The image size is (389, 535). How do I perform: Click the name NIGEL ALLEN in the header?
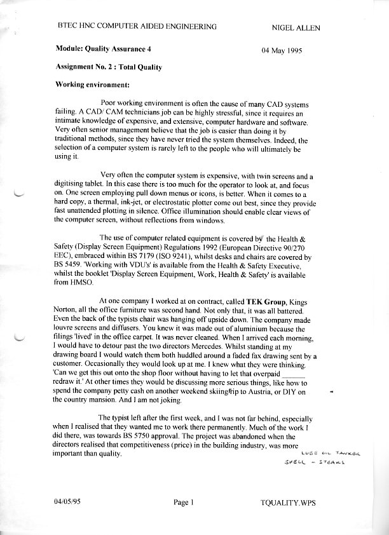(296, 27)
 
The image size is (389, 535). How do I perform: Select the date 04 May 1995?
(282, 50)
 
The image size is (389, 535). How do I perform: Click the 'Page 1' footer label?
(183, 503)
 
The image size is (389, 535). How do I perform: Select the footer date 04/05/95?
(68, 503)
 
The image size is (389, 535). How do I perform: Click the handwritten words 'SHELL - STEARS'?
(315, 463)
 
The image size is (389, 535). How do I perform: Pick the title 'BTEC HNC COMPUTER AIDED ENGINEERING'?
(137, 27)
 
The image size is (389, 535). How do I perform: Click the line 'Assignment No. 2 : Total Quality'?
(109, 67)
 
